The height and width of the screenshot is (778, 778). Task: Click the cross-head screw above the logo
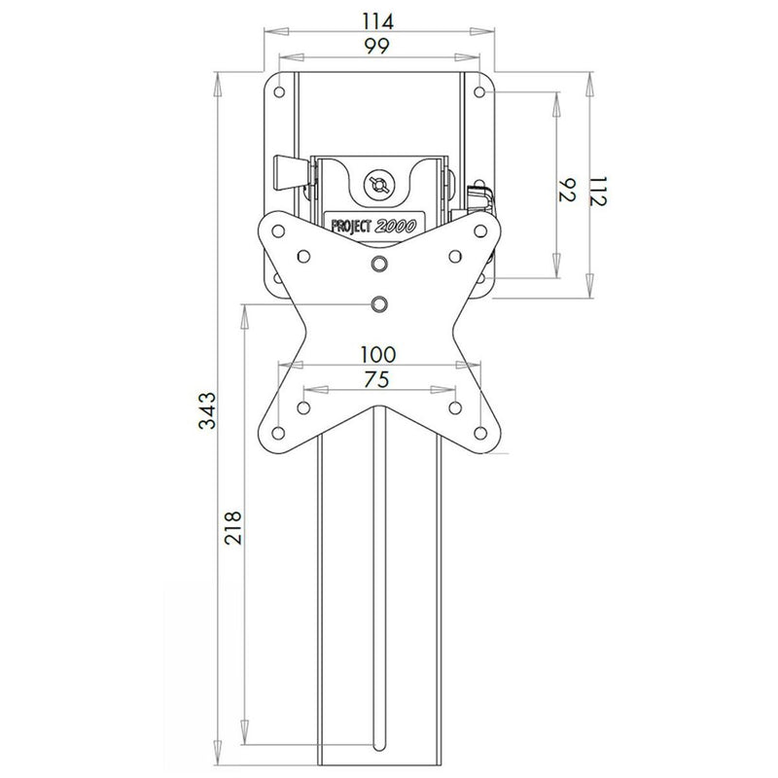tap(379, 183)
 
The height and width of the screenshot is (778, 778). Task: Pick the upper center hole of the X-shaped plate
tap(379, 264)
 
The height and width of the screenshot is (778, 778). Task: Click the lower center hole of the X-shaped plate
tap(379, 304)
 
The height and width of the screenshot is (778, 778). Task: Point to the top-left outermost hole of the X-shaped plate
tap(278, 231)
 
